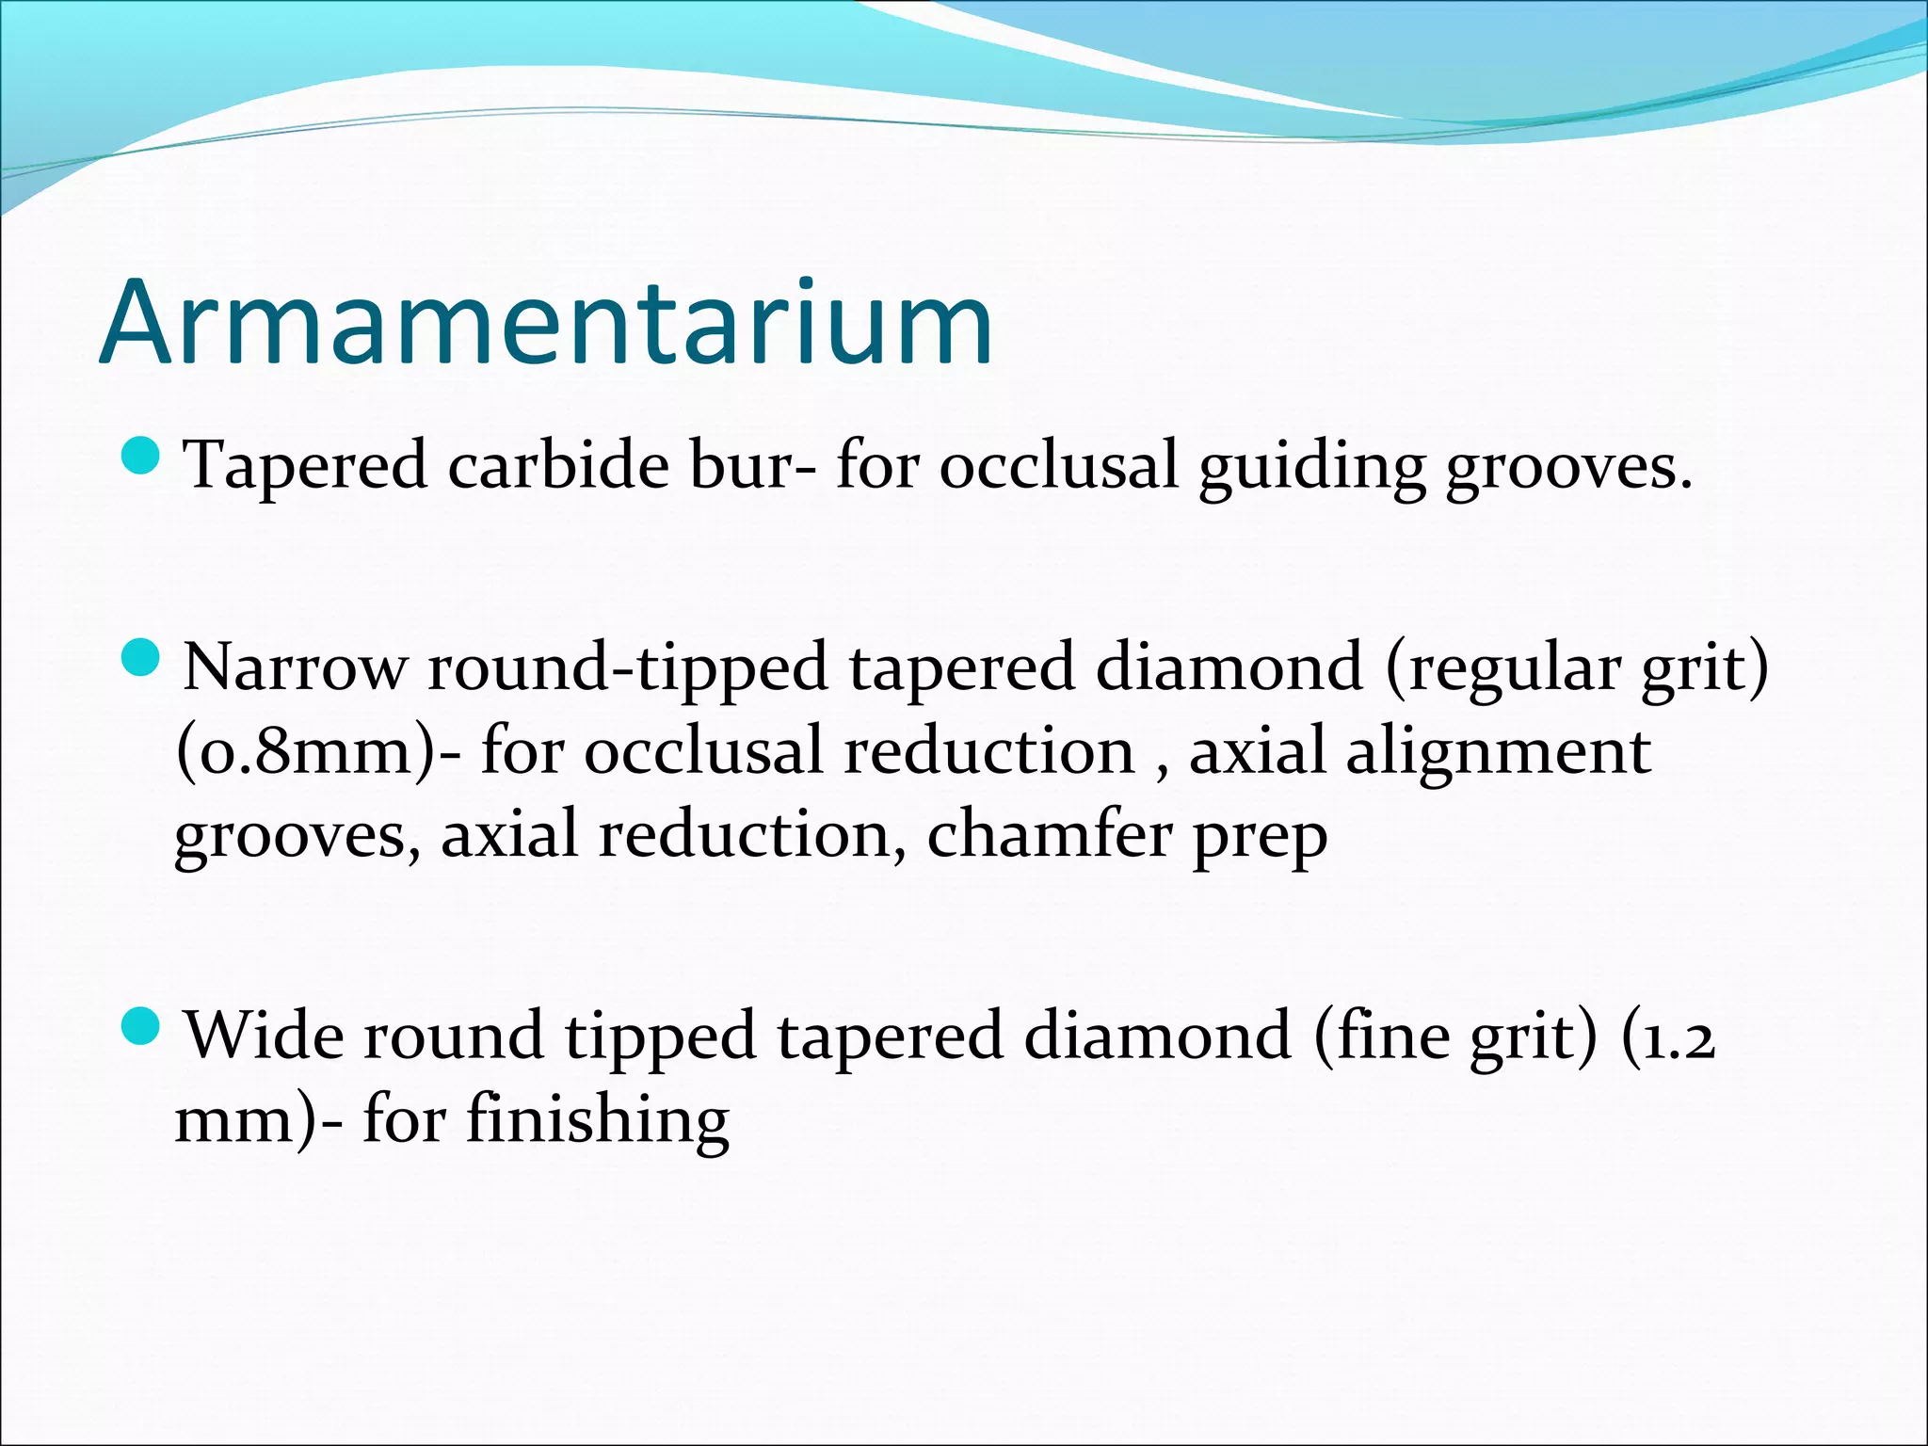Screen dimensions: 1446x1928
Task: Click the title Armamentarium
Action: click(x=546, y=323)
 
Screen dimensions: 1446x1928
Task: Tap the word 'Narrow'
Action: click(x=295, y=667)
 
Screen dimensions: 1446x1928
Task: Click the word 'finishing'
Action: click(x=597, y=1120)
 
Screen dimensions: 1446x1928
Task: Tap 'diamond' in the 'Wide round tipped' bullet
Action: click(x=1157, y=1036)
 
